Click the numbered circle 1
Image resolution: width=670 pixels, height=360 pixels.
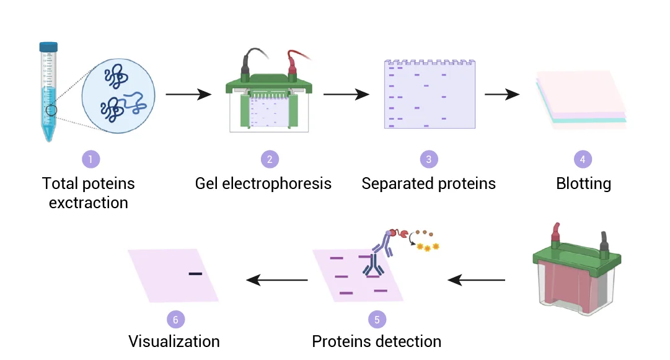90,159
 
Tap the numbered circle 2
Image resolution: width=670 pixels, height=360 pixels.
270,159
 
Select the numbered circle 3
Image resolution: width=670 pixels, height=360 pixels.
428,159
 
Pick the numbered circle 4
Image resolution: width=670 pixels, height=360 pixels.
583,159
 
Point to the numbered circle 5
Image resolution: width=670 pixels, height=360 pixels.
376,319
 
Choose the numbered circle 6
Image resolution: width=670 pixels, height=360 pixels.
176,319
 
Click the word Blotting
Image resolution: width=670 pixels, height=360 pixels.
583,184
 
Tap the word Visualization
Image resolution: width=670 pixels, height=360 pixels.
174,341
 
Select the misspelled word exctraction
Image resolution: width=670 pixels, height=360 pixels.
89,203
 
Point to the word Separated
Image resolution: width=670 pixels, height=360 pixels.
394,184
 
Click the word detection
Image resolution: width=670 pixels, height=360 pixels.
411,341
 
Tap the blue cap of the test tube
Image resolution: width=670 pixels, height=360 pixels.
48,46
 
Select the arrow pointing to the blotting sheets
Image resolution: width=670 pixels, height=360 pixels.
502,95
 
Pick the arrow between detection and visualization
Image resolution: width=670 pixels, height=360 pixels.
277,280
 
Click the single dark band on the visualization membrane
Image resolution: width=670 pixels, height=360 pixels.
195,273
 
